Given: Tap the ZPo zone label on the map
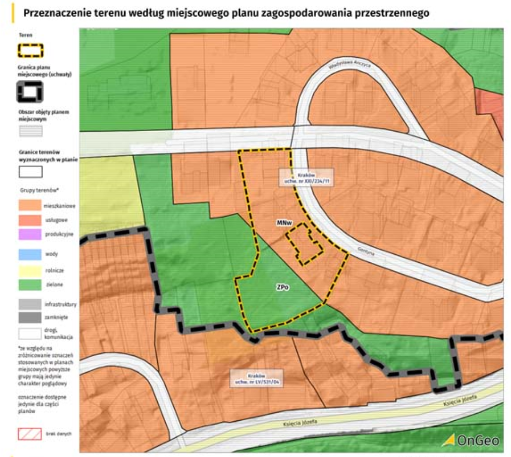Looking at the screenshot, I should pos(283,286).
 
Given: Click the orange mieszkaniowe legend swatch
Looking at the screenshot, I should pos(30,205).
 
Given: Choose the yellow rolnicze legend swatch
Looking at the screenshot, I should pos(30,270).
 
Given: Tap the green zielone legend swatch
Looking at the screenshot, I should pos(30,285).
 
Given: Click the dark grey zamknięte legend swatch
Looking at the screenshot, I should pos(30,318).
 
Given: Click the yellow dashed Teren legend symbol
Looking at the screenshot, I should pos(30,50).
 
